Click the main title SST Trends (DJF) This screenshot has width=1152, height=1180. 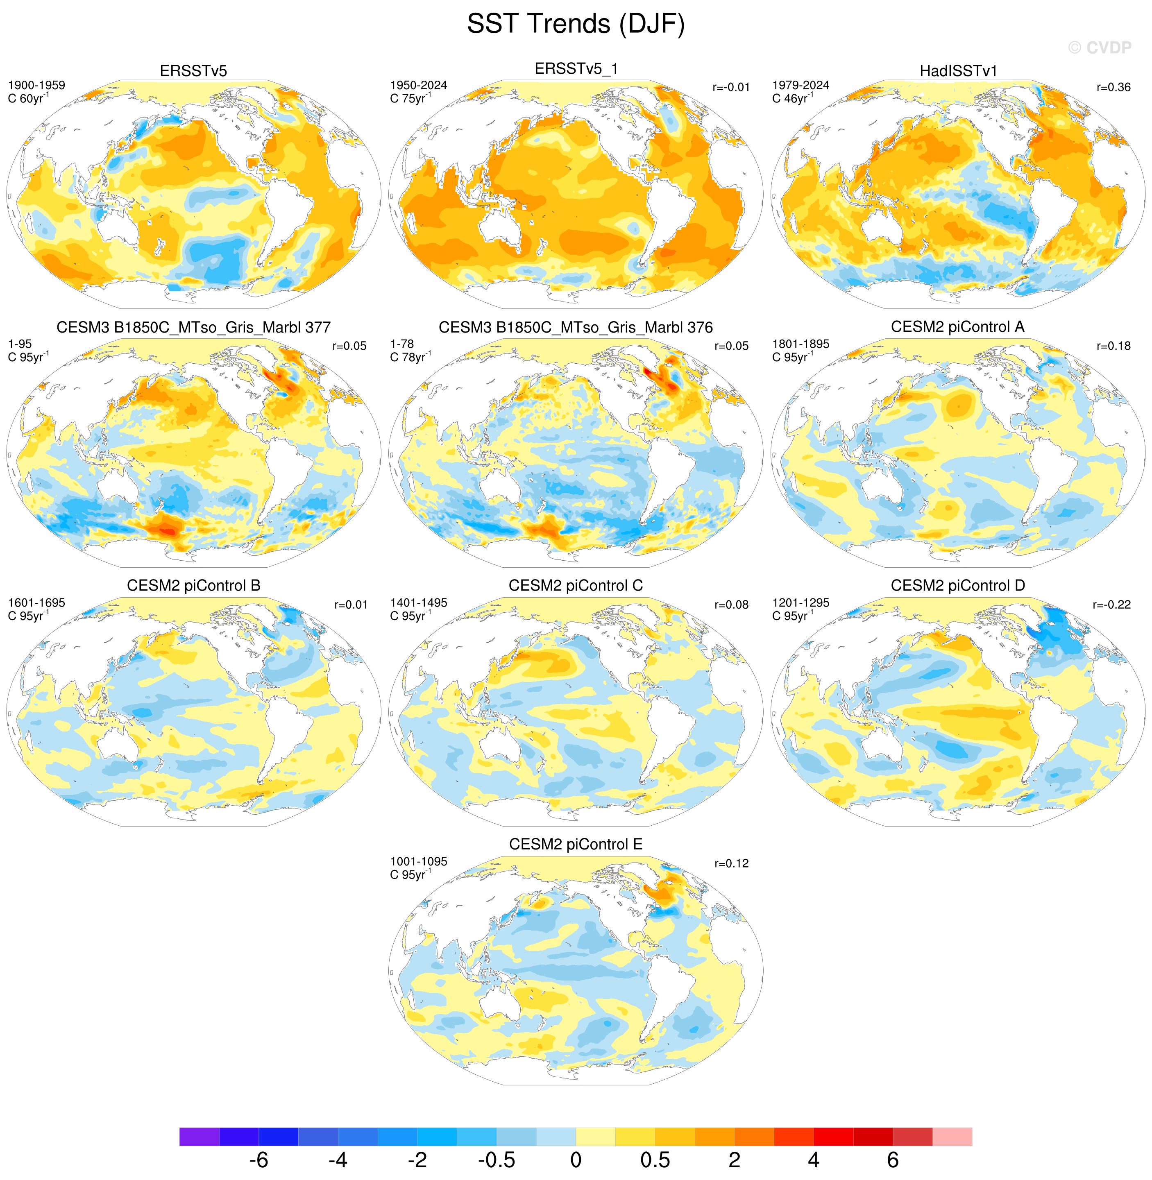tap(576, 24)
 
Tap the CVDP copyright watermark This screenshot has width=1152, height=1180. tap(1100, 48)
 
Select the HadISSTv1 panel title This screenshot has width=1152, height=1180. tap(958, 71)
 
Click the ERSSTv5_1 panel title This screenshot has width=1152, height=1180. tap(576, 69)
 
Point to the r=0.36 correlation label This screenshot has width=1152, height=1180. tap(1113, 87)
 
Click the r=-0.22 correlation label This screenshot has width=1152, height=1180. tap(1111, 605)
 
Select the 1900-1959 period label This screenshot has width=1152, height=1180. tap(36, 85)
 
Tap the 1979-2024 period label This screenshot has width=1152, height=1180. tap(801, 85)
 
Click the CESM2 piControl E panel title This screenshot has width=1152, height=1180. tap(576, 844)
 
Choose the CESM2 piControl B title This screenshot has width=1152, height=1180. tap(194, 585)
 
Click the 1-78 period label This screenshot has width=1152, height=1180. tap(402, 344)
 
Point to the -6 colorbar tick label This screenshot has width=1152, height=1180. tap(259, 1160)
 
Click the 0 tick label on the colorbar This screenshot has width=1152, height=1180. tap(576, 1160)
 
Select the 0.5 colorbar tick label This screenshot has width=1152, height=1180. tap(655, 1160)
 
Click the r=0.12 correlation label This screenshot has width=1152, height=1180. tap(732, 864)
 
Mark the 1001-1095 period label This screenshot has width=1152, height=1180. tap(419, 861)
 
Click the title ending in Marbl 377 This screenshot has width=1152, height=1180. tap(194, 327)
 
